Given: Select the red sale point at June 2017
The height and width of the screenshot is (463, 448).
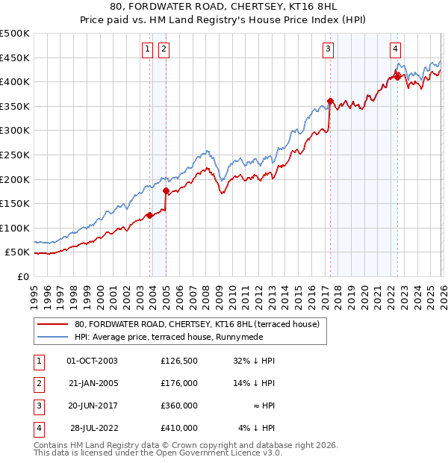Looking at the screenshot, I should point(330,101).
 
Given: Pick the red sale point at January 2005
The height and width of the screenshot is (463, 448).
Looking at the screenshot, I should point(166,190).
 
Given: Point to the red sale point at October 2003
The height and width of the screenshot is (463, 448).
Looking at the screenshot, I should point(149,215).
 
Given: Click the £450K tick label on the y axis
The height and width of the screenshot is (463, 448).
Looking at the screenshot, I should point(15,58).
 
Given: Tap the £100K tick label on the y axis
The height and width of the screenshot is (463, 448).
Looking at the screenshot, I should point(15,228).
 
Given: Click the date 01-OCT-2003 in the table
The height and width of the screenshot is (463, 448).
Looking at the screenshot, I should point(92,361).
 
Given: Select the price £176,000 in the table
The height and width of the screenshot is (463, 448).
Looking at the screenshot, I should point(178,383).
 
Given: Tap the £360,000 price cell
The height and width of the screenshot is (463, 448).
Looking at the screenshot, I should point(178,405).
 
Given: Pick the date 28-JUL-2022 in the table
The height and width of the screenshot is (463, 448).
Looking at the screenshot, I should point(92,428).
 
